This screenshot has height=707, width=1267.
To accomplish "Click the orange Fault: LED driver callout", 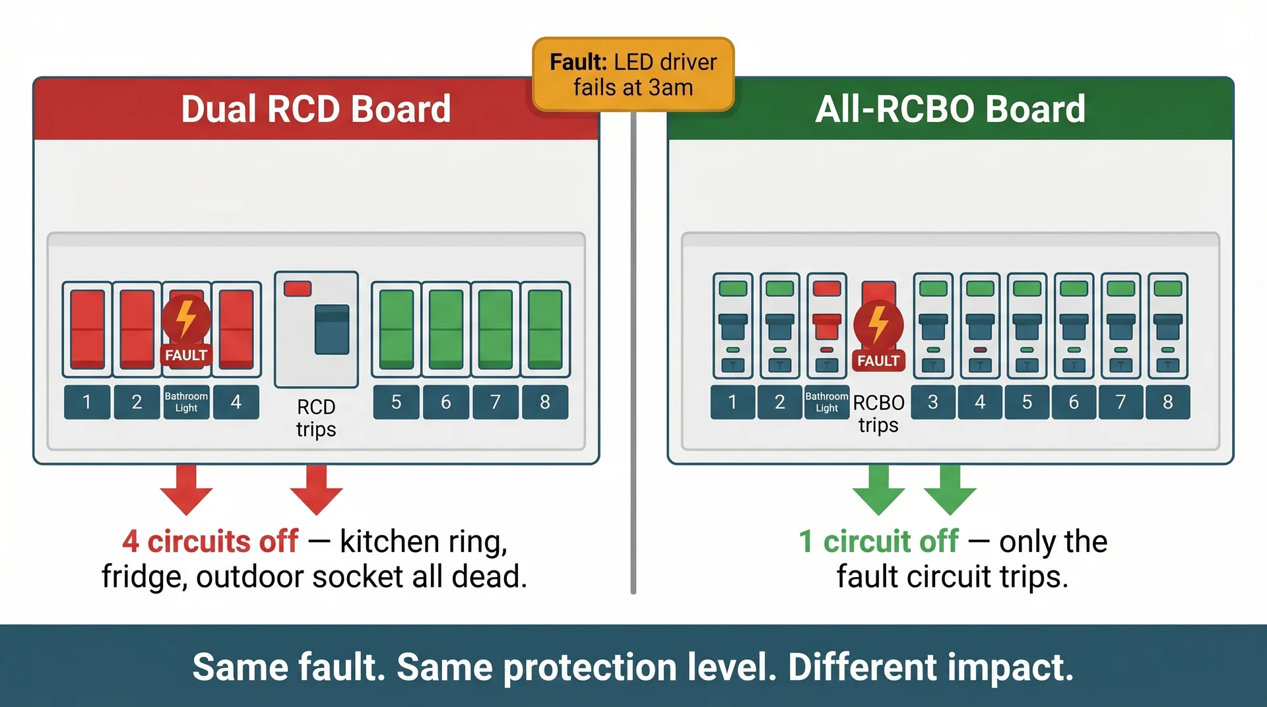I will coord(633,75).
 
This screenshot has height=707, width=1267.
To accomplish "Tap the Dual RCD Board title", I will coord(315,109).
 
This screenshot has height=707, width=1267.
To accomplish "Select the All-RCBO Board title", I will coord(950,109).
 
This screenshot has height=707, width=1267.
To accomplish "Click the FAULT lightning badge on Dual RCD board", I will coord(186,330).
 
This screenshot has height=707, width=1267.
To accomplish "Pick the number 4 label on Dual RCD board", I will coord(236,402).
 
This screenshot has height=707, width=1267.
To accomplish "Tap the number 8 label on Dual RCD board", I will coord(545,402).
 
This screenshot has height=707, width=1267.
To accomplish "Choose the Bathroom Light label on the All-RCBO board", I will coord(826,402).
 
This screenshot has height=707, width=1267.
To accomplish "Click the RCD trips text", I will coord(316,417).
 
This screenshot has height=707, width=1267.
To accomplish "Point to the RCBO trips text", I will coord(878,414).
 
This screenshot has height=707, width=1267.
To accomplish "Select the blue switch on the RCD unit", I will coord(332,329).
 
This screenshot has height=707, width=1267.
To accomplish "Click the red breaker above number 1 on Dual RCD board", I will coord(87,328).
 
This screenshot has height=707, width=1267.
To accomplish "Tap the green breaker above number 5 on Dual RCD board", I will coord(396,328).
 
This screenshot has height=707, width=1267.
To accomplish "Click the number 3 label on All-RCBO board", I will coord(933,402).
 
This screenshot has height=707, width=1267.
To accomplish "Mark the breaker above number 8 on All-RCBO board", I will coord(1167,326).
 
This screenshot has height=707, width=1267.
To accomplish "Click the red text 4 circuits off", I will coord(210,541).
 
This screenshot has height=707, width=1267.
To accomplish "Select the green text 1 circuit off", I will coord(878,541).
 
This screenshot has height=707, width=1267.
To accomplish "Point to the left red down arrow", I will coord(186,490).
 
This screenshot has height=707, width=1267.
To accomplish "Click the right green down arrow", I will coord(950,490).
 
